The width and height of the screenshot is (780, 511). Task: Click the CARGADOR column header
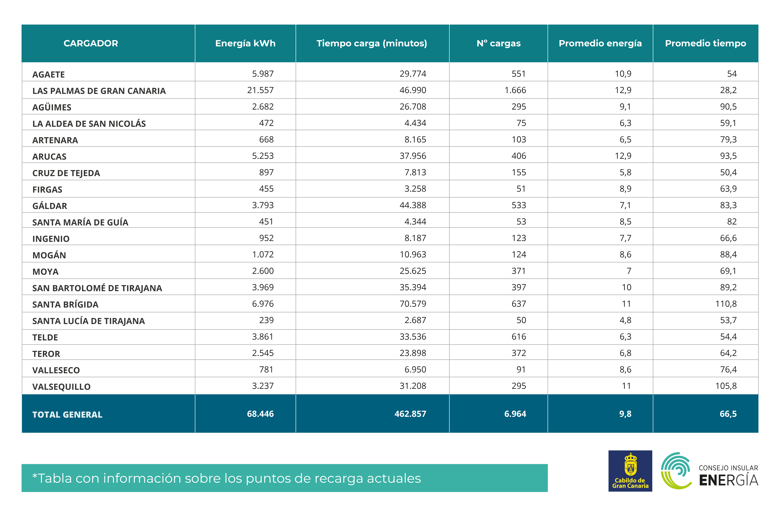point(91,43)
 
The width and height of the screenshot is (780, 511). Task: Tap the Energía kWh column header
point(245,43)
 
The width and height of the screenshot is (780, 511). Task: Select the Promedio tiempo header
point(706,43)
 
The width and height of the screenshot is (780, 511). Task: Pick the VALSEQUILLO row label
point(61,387)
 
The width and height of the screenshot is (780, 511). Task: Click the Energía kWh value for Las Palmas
point(260,90)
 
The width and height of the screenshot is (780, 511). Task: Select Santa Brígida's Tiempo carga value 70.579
point(413,304)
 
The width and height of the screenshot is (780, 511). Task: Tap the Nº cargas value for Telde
point(519,337)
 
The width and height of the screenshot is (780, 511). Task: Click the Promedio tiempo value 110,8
point(726,304)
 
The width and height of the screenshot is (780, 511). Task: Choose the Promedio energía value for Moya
point(629,271)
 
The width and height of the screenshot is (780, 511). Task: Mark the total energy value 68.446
point(260,414)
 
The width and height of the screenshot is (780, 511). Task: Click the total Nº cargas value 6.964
point(515,414)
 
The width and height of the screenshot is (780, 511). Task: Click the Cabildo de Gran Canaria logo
point(630,471)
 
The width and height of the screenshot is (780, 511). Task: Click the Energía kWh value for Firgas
point(266,189)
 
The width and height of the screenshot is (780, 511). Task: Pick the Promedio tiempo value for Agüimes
point(728,107)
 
